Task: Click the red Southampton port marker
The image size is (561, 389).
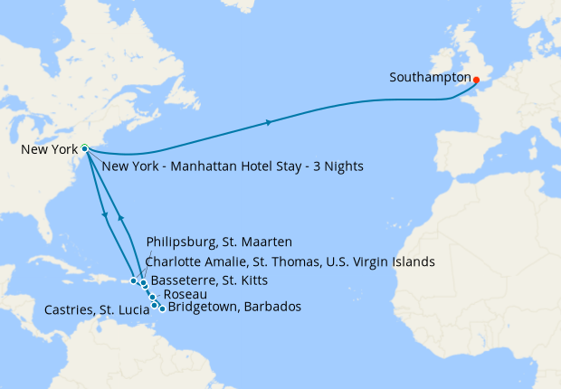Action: coord(476,80)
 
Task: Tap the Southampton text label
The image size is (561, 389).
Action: coord(429,78)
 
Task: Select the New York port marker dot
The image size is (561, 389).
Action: coord(84,148)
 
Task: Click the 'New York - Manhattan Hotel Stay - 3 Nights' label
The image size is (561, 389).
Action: coord(233,166)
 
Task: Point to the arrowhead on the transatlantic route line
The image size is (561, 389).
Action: coord(269,121)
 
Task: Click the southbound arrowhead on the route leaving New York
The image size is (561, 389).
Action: coord(107,215)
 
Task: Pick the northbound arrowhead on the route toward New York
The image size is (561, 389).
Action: coord(119,218)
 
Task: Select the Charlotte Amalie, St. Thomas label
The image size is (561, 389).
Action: coord(290,261)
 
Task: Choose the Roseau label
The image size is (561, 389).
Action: coord(184,295)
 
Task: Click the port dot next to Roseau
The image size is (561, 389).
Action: coord(153,297)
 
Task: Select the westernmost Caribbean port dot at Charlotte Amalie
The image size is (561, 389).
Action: coord(133,280)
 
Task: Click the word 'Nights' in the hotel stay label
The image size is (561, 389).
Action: coord(343,166)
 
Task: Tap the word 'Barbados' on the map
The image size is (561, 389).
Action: coord(272,308)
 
